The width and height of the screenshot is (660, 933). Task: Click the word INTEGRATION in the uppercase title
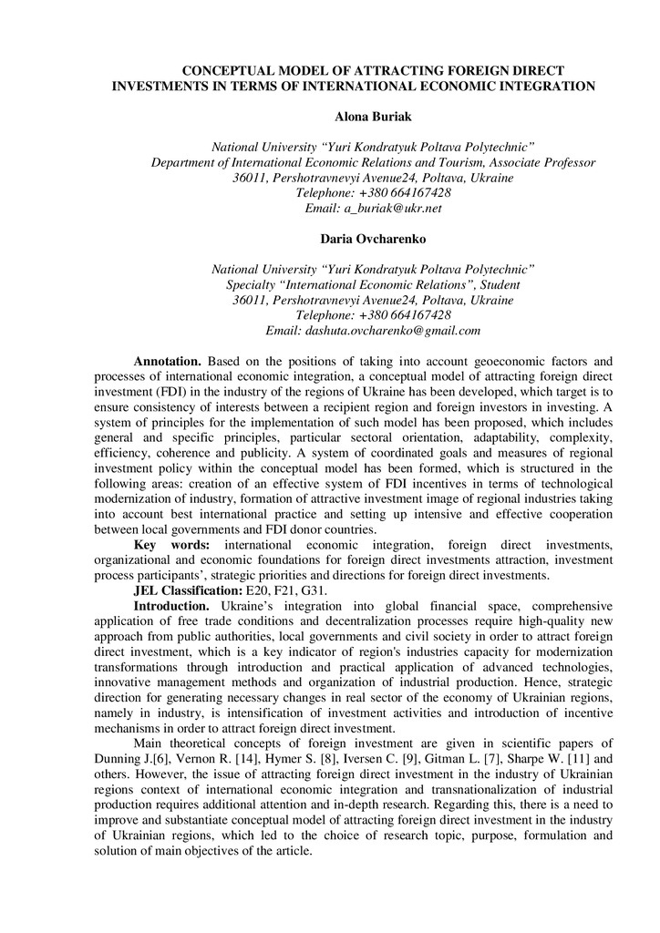541,86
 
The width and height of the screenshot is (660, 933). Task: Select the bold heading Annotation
168,362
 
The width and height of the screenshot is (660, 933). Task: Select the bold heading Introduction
172,605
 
